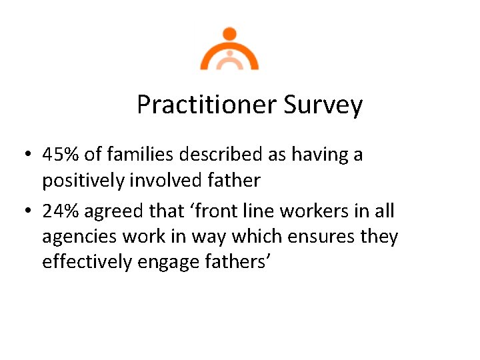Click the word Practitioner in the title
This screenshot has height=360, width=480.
coord(207,105)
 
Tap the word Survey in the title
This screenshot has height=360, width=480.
coord(323,105)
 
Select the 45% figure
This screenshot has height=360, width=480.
coord(61,155)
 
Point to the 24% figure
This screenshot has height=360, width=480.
coord(61,211)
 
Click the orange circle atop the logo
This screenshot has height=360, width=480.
coord(229,34)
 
